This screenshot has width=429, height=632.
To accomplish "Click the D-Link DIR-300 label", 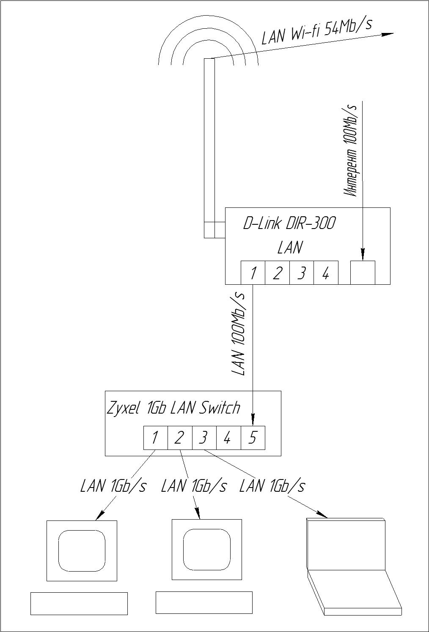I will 289,223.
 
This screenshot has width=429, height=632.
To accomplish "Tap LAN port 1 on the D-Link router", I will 253,273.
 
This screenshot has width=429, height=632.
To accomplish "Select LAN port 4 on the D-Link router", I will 326,273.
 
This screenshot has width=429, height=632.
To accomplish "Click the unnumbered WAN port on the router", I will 363,272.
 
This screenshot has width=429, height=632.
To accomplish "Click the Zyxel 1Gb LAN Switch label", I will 173,408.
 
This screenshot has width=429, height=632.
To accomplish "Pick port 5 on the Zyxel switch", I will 253,438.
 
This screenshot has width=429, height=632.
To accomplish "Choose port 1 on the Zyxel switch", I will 155,438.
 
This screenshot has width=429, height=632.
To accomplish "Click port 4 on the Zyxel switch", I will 228,438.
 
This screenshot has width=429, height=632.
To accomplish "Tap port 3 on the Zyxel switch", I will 204,438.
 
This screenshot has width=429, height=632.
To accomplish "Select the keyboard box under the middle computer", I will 204,602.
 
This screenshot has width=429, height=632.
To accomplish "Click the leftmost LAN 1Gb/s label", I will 113,486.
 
